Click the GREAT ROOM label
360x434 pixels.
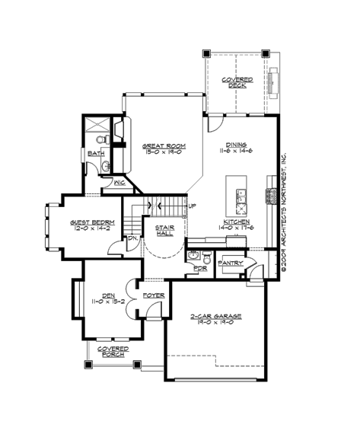(x=164, y=145)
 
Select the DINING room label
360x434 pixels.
(x=235, y=145)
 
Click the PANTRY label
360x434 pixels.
(x=230, y=263)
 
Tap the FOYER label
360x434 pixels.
(x=155, y=295)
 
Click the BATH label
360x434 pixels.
(x=96, y=153)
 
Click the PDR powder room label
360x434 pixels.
(x=200, y=268)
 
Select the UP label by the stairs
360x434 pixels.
(x=192, y=206)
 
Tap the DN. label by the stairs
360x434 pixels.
(x=131, y=238)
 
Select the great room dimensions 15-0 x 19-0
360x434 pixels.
(x=164, y=152)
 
